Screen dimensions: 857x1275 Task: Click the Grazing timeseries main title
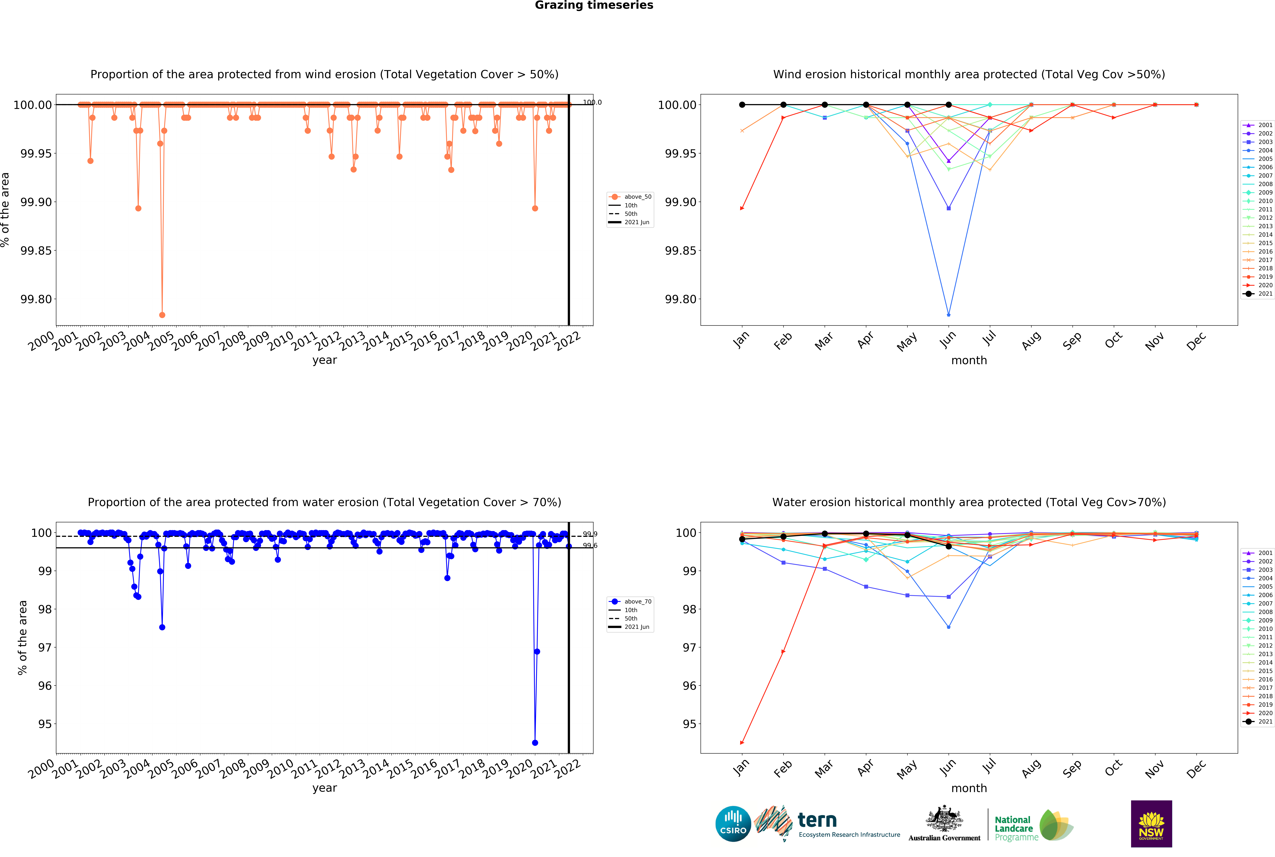(594, 5)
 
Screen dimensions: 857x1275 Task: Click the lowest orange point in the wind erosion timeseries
(162, 315)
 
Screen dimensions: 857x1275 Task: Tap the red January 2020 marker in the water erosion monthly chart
(742, 743)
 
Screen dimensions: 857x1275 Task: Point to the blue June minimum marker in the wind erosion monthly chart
(948, 315)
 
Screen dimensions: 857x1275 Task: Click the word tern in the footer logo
(817, 820)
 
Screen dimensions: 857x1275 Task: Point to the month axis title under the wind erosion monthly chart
(969, 361)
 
